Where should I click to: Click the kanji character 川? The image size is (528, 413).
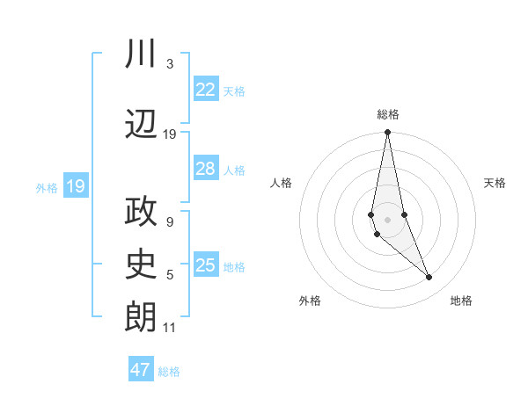[x=142, y=54]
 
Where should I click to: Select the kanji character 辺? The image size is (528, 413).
[x=142, y=126]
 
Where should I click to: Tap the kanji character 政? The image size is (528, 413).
[x=142, y=213]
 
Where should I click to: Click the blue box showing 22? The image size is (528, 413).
[x=205, y=90]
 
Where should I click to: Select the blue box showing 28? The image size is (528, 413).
[x=205, y=169]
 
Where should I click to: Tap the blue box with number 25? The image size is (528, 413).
[x=205, y=265]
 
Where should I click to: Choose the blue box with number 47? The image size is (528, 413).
[x=141, y=370]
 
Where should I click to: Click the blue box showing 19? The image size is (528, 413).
[x=76, y=186]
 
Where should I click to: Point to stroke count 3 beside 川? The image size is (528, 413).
[x=170, y=64]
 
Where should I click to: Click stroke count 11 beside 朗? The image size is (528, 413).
[x=170, y=328]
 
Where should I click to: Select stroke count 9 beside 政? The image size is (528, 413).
[x=170, y=222]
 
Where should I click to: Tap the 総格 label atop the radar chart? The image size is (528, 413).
[x=388, y=114]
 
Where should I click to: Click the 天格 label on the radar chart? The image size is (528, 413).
[x=495, y=183]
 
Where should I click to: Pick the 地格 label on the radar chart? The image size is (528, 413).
[x=461, y=301]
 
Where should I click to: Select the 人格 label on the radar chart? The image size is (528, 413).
[x=282, y=183]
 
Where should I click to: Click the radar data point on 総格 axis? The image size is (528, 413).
[x=387, y=133]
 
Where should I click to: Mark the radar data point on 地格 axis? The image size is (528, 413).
[x=429, y=278]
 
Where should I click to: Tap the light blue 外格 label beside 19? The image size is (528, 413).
[x=46, y=187]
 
